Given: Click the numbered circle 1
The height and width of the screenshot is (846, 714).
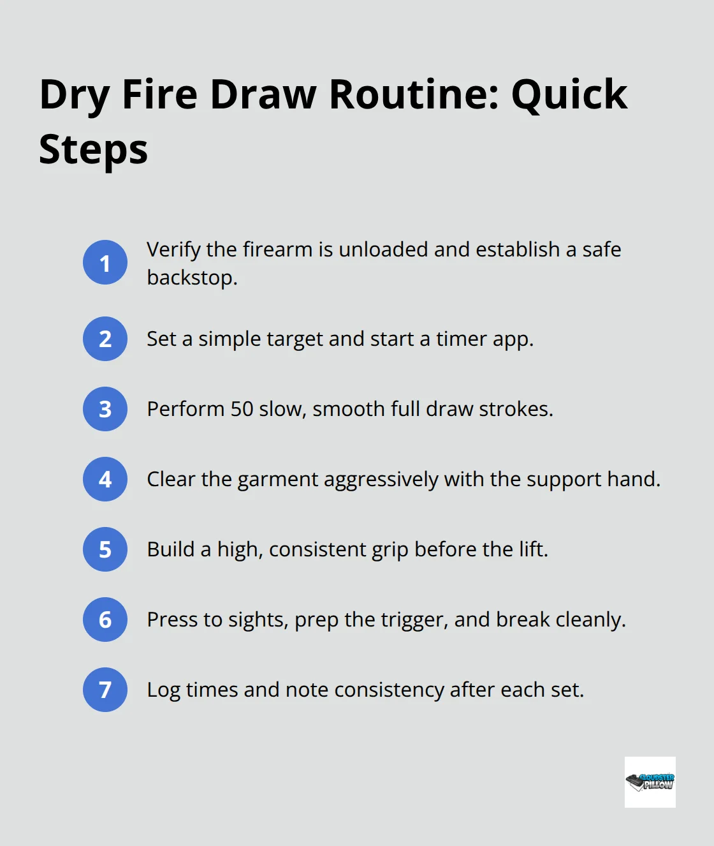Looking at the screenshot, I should coord(105,262).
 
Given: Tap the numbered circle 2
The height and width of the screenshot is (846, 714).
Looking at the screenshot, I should coord(105,339).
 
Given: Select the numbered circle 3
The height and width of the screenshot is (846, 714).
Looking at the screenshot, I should coord(105,409).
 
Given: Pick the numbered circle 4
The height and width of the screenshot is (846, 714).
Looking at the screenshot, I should coord(105,479).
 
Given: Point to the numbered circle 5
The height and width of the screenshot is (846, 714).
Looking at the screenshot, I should coord(105,549).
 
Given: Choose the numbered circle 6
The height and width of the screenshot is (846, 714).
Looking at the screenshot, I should coord(105,620).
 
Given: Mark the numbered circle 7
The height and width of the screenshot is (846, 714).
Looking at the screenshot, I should coord(105,690).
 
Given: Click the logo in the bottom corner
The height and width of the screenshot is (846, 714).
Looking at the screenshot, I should coord(650,782).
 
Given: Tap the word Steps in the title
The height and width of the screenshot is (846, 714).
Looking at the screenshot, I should coord(93,150).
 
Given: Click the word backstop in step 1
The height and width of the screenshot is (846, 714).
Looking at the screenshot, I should coord(189,278).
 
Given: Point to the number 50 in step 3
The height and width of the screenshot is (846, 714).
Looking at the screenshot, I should coord(242,409).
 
